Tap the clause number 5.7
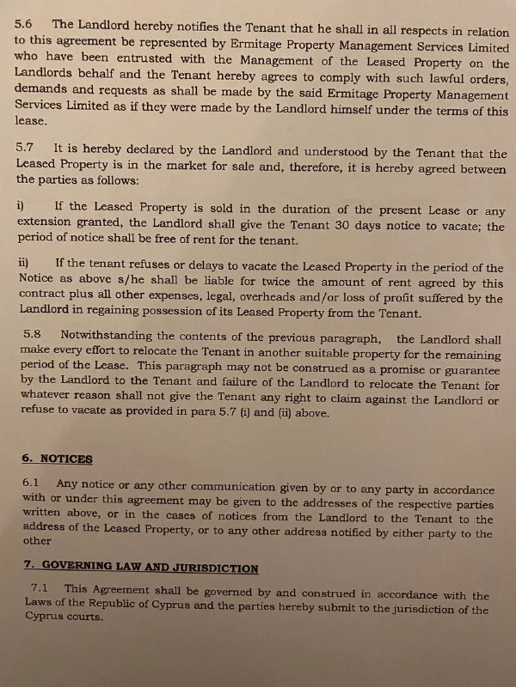pos(26,148)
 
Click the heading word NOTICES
pos(66,459)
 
